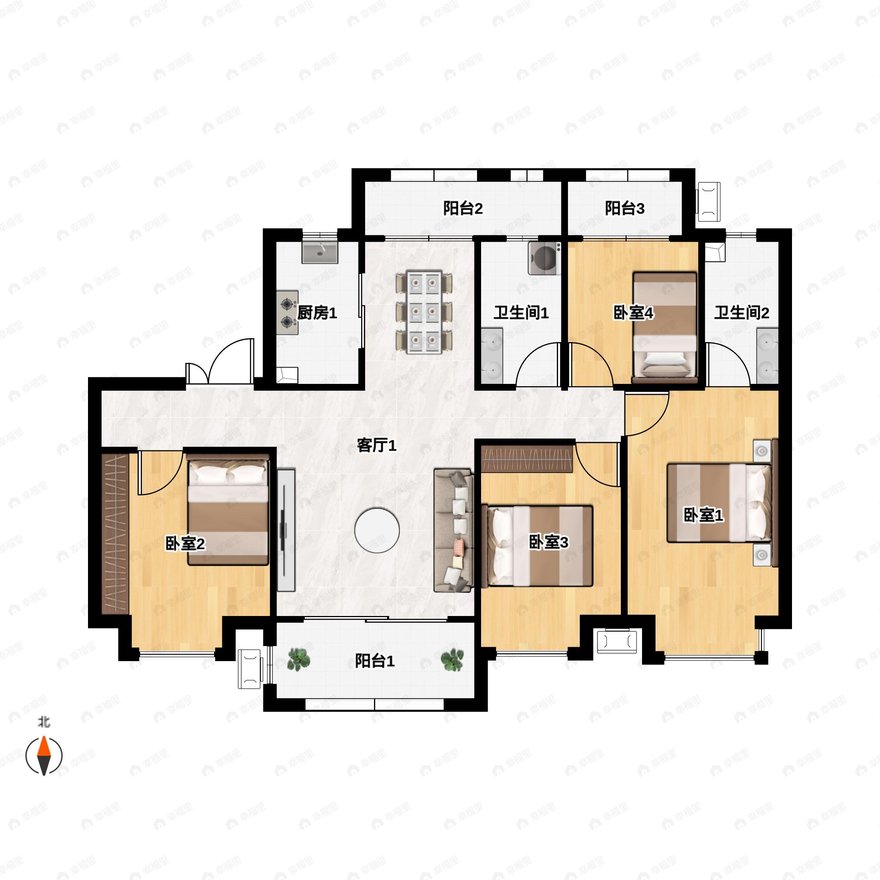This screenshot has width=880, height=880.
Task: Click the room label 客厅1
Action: click(377, 445)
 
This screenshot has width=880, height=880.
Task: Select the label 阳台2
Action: click(463, 208)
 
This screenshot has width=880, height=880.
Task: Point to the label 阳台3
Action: click(624, 208)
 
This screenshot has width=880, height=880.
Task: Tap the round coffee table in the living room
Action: click(377, 530)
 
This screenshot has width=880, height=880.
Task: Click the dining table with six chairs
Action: click(424, 312)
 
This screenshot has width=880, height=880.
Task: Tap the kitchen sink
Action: click(320, 252)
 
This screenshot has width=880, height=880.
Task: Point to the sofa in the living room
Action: click(454, 530)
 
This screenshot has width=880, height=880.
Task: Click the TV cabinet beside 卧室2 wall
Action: click(286, 530)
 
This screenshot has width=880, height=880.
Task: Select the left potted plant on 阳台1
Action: click(299, 659)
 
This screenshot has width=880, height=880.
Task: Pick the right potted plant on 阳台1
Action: click(452, 659)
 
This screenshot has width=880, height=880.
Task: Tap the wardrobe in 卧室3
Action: click(527, 459)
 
